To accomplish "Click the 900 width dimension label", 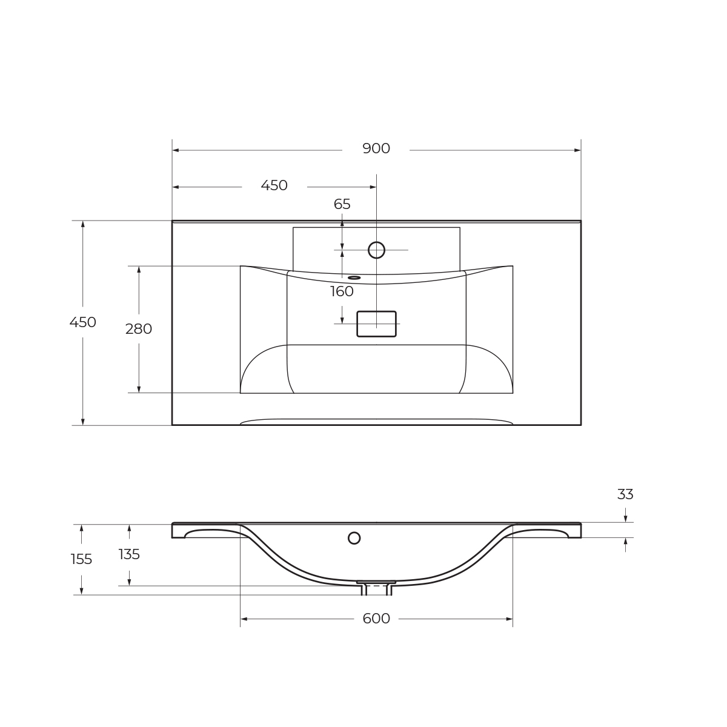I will (x=376, y=149).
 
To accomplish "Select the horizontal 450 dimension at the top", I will (x=274, y=186).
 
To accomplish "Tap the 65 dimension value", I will (x=342, y=205).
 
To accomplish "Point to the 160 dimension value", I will (x=342, y=292).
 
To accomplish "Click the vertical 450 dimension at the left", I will (x=83, y=323).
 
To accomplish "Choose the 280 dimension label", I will (x=139, y=330).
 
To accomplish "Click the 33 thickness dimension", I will (x=625, y=495).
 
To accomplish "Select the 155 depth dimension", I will (x=81, y=560).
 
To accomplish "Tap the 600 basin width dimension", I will (x=376, y=619).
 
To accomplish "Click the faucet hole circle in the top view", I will (x=376, y=250).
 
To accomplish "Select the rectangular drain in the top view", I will (x=376, y=324).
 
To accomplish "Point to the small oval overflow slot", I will (x=354, y=278).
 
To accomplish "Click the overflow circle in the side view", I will (x=354, y=538).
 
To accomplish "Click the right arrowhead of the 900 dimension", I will (x=577, y=150).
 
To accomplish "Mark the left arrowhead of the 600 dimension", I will (x=244, y=619).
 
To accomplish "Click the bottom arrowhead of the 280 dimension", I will (x=139, y=389).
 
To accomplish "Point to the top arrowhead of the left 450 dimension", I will (x=83, y=225).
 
